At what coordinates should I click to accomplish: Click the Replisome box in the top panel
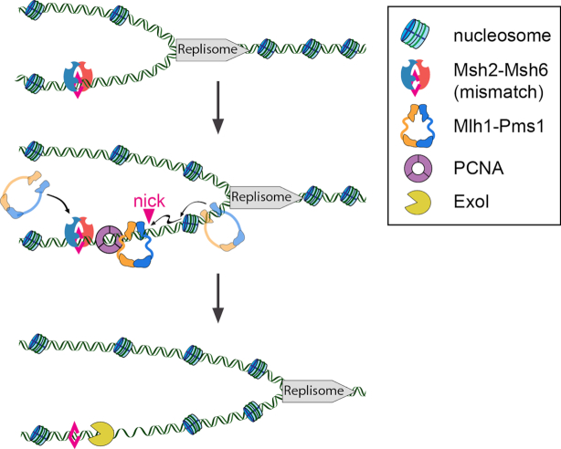tap(207, 49)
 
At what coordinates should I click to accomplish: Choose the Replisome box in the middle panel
tap(261, 194)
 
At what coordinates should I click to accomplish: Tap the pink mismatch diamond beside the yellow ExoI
tap(75, 431)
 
